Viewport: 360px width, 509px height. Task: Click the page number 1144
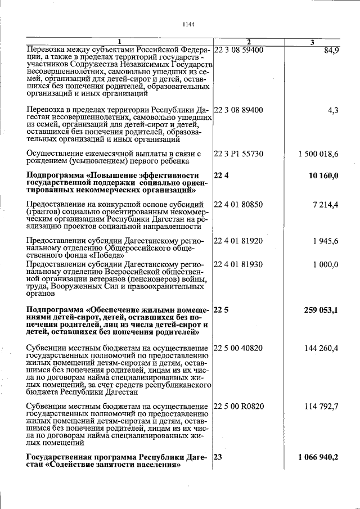[188, 24]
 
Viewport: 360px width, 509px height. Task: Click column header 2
[249, 42]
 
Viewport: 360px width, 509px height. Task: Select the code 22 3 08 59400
[238, 50]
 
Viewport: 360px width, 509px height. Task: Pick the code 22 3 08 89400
[238, 110]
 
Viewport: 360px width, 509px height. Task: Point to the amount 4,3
[333, 110]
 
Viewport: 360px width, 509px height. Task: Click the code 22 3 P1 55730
[238, 154]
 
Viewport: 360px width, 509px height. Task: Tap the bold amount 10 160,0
[323, 176]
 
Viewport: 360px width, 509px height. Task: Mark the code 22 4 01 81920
[238, 241]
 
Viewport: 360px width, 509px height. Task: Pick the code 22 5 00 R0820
[238, 406]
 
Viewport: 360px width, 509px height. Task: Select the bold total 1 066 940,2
[318, 458]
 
